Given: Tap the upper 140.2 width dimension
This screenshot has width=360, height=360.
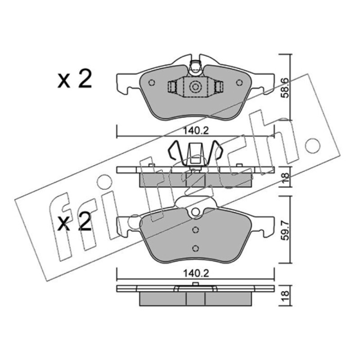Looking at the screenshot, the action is point(196,131).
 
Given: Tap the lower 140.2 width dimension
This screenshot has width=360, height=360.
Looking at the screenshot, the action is point(196,274).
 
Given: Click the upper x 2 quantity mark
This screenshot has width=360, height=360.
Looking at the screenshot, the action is point(74,79).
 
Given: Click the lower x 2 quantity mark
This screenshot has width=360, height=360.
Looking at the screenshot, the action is point(74,221).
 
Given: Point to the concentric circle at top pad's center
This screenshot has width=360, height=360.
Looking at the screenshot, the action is point(195,87).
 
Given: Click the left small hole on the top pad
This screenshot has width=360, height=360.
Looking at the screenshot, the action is point(152,82).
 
